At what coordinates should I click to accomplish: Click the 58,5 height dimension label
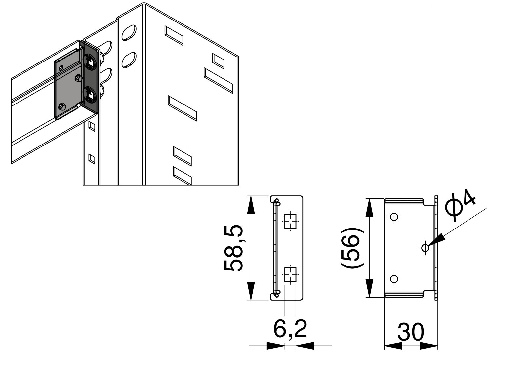click(234, 248)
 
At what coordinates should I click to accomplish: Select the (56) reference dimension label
click(352, 248)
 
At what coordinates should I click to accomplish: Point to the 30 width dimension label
click(411, 332)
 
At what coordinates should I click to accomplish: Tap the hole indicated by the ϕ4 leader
click(425, 247)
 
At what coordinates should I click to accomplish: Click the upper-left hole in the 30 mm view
click(394, 217)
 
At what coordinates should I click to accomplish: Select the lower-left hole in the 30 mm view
click(394, 279)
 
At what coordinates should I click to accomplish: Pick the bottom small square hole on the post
click(92, 159)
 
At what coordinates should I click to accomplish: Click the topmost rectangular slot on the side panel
click(174, 35)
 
